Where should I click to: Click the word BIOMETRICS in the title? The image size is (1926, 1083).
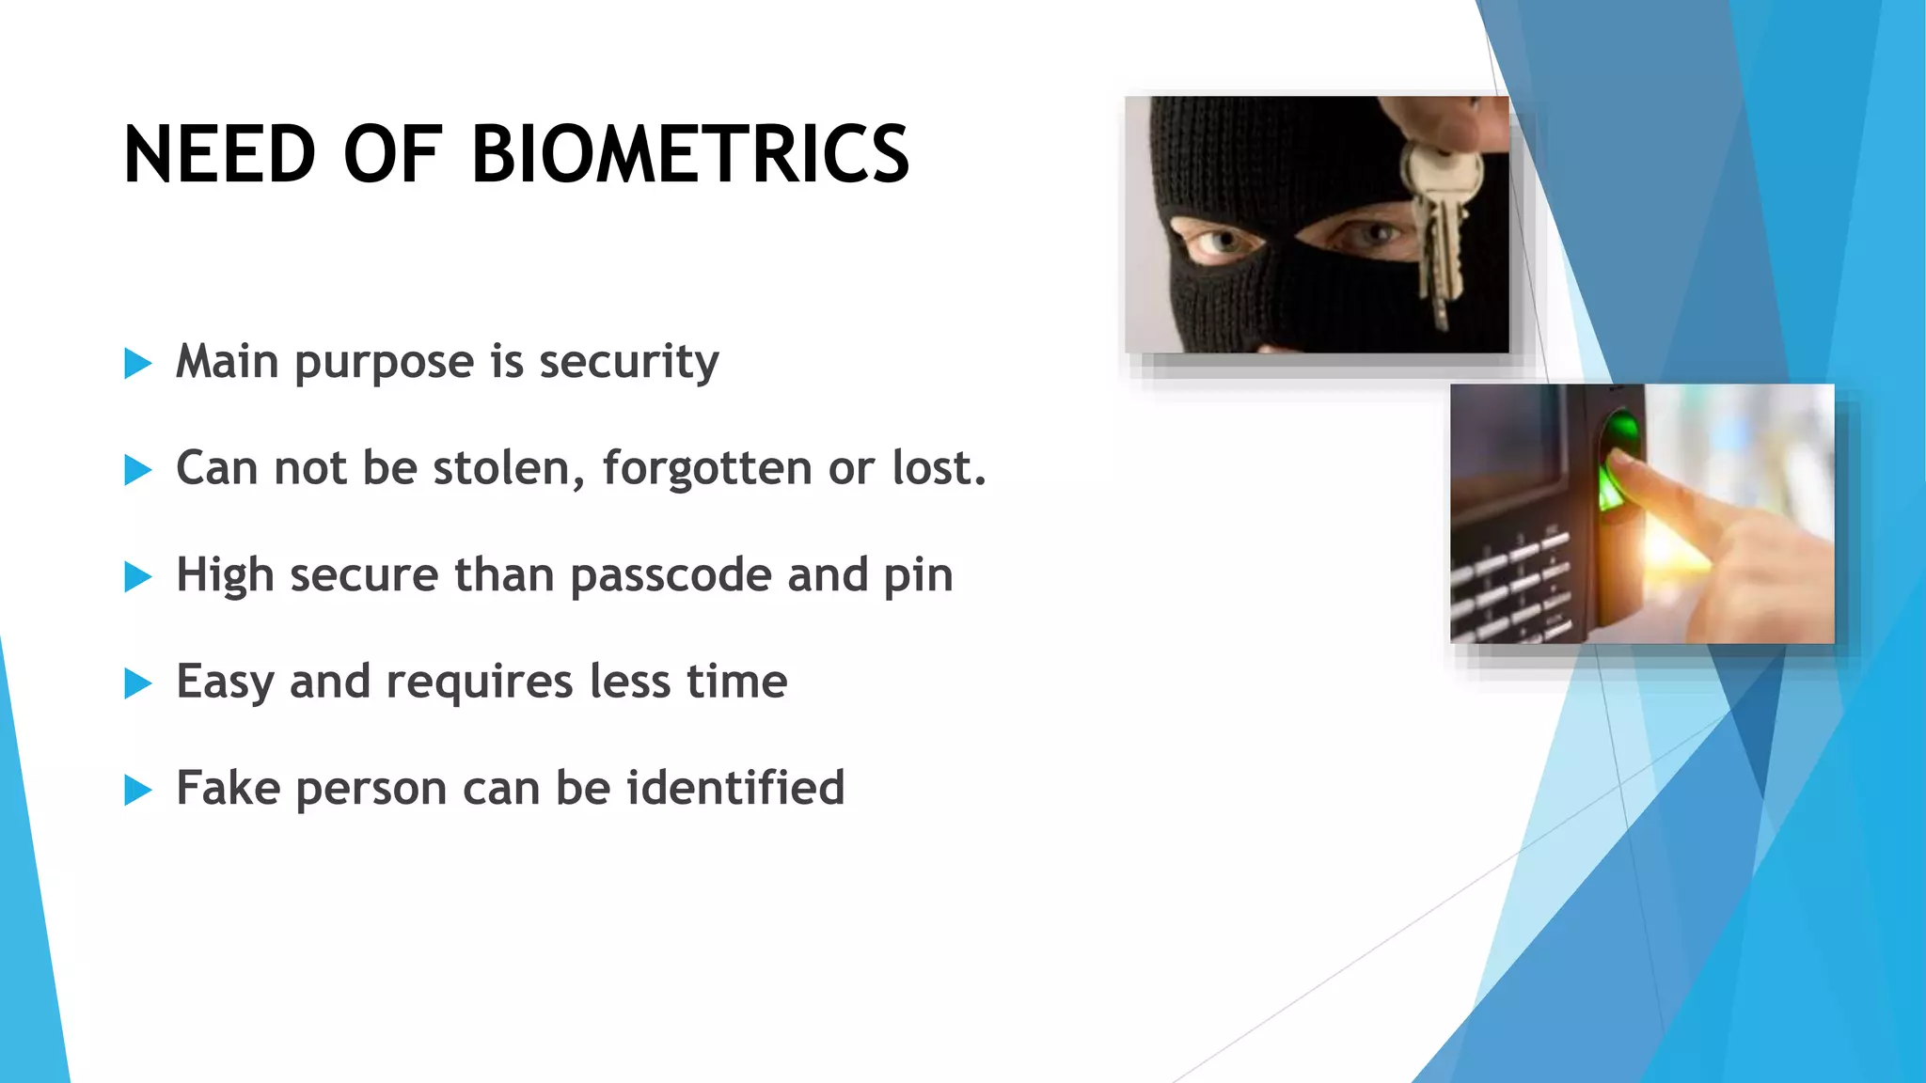(689, 155)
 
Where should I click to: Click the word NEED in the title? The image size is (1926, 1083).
(219, 155)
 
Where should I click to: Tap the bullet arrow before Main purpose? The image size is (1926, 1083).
(137, 363)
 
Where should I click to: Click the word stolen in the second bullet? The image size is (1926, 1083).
(509, 468)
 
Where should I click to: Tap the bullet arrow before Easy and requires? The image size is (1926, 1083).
(137, 683)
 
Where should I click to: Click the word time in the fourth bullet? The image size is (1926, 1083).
(736, 682)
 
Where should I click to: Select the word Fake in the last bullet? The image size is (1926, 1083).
(228, 788)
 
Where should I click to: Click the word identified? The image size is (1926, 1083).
(735, 788)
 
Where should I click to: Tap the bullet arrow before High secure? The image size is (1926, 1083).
(137, 576)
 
